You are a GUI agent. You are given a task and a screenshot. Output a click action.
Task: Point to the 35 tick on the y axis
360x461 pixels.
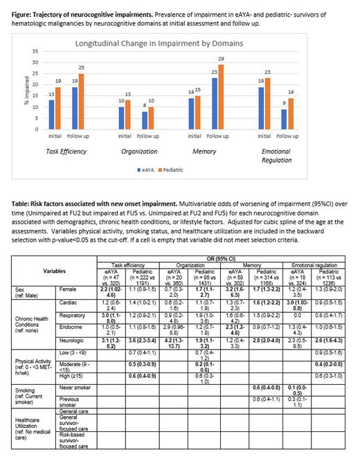[35, 52]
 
